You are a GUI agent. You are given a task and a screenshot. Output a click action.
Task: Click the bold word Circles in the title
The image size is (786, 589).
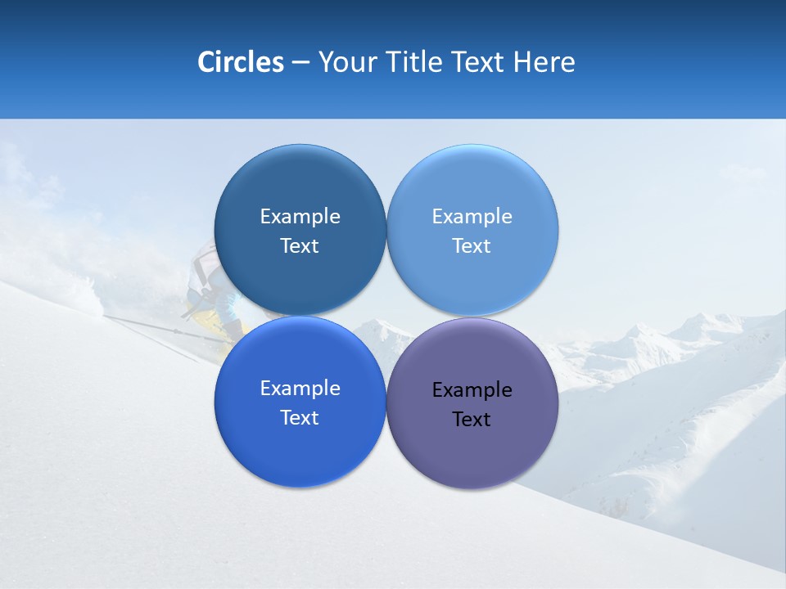pos(240,62)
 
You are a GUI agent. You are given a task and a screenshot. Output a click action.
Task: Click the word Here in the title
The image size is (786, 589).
pos(544,62)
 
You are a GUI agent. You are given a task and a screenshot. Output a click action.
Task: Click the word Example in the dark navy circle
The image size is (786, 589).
pos(300,217)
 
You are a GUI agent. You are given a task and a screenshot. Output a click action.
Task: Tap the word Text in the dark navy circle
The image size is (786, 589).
pos(300,246)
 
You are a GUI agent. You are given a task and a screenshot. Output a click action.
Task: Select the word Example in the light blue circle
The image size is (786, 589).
pos(472,217)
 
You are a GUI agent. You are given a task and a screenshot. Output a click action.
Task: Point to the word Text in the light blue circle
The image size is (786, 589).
pos(472,246)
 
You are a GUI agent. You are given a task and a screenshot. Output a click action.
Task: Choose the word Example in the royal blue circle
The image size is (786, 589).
pos(300,389)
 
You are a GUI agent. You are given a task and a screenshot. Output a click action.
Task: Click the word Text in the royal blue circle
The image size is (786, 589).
pos(300,418)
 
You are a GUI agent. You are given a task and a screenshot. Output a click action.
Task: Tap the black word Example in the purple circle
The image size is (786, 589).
pos(472,390)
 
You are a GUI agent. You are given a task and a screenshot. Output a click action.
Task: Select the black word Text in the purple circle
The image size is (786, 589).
pos(472,420)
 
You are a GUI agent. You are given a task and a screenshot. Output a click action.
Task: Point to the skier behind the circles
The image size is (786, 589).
pos(205,286)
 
